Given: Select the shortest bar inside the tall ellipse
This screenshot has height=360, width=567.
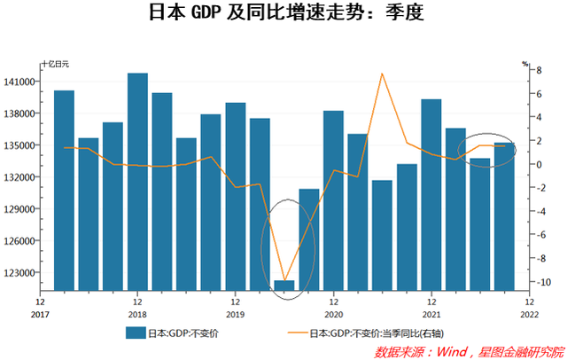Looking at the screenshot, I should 284,285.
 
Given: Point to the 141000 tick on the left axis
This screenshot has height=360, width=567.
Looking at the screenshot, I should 22,82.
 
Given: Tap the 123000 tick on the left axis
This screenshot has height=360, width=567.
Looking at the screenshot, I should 22,273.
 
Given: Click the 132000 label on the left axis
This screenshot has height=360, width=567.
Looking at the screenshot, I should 22,177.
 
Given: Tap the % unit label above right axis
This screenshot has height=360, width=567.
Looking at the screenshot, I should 524,63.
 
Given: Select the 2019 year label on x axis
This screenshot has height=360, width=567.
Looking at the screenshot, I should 236,314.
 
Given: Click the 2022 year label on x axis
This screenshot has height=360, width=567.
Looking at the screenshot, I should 529,314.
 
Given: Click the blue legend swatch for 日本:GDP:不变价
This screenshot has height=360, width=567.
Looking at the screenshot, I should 135,333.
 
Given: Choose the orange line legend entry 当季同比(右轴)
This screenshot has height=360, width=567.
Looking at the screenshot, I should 372,333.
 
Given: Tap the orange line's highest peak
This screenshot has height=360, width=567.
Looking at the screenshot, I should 382,74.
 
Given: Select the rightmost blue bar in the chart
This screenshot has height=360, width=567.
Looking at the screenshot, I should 504,216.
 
